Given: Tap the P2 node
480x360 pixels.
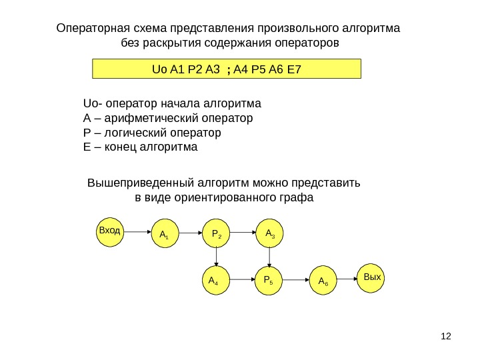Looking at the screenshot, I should pyautogui.click(x=216, y=233).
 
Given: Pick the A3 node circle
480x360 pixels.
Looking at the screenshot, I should pyautogui.click(x=269, y=233).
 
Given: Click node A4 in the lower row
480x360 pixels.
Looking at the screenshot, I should pyautogui.click(x=214, y=281).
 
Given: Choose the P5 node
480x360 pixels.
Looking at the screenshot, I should pyautogui.click(x=269, y=281).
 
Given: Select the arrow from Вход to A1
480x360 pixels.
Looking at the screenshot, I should pyautogui.click(x=137, y=232).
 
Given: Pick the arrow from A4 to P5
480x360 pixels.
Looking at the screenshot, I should pyautogui.click(x=241, y=281).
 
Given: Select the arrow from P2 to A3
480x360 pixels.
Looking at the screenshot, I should pyautogui.click(x=243, y=233).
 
